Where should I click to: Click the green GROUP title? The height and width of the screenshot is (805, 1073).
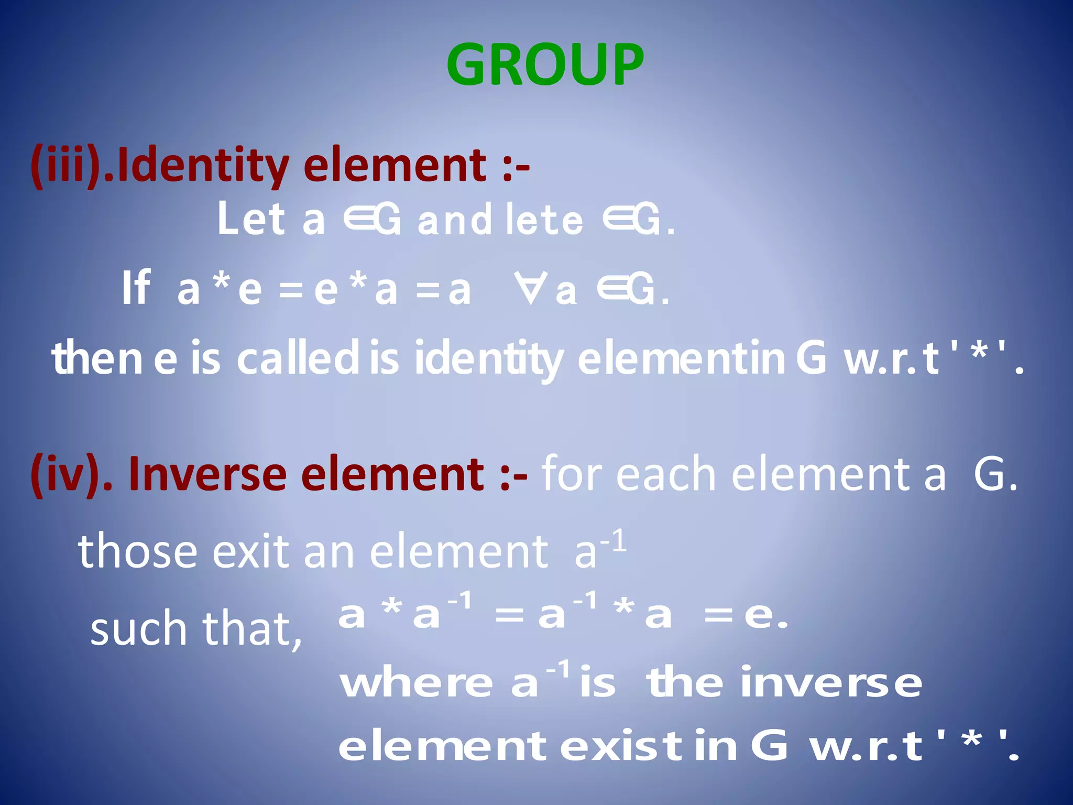(x=545, y=65)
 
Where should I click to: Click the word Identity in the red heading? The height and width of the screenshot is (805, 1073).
(x=202, y=166)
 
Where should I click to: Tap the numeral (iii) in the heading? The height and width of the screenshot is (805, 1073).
(x=66, y=166)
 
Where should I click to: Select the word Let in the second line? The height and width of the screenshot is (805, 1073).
(x=251, y=219)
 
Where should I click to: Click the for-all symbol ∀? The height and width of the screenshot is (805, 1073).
(x=531, y=288)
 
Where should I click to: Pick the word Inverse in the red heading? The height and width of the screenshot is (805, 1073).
(x=207, y=474)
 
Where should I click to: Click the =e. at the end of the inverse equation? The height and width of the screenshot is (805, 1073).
(x=746, y=615)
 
